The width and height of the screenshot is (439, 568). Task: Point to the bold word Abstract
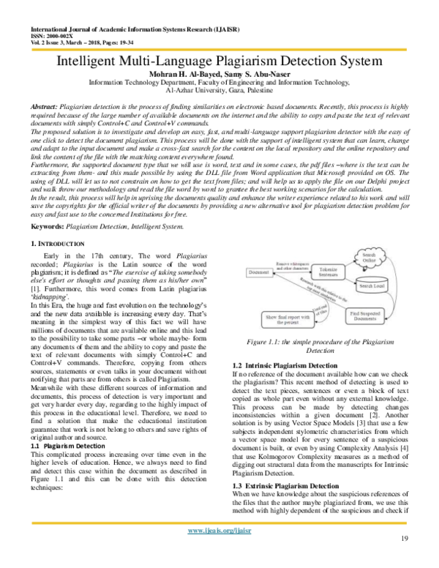pos(48,108)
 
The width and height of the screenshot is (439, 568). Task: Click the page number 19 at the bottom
pos(403,558)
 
